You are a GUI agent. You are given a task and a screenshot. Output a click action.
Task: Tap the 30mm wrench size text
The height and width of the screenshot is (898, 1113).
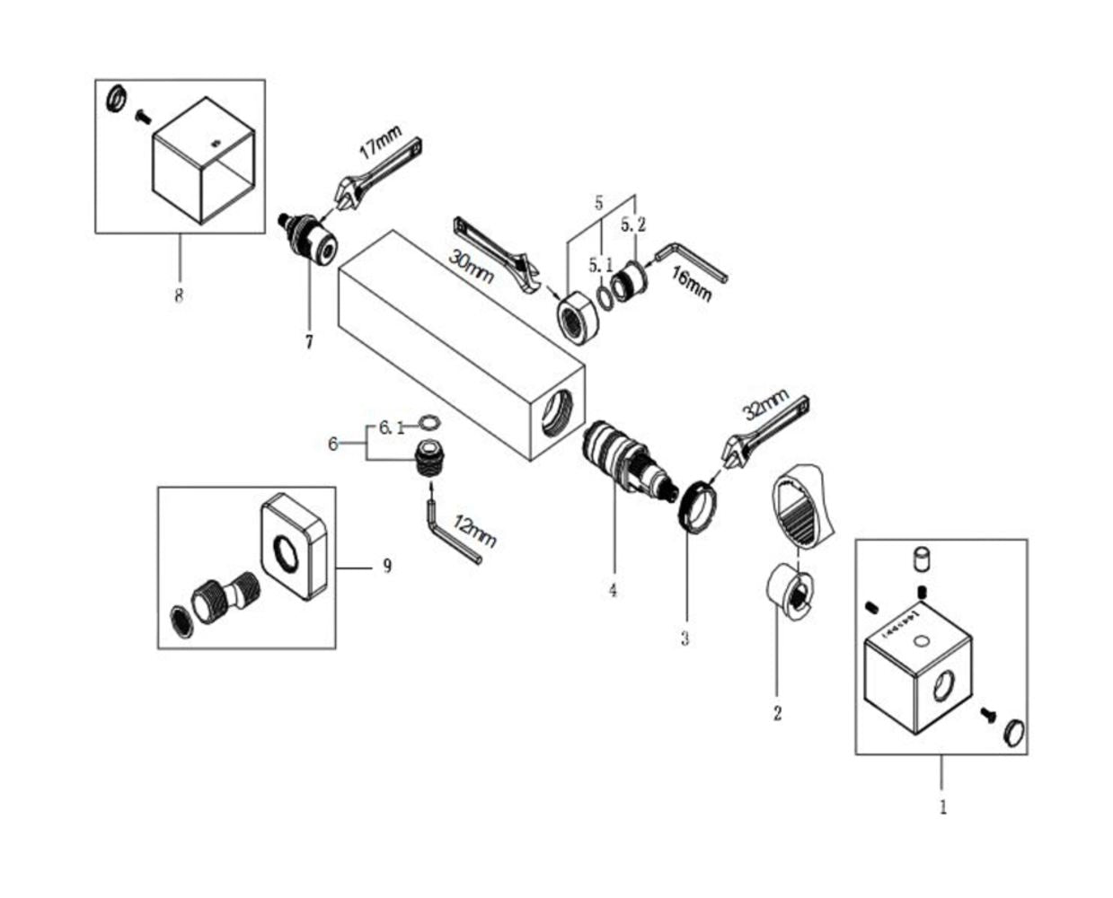[471, 265]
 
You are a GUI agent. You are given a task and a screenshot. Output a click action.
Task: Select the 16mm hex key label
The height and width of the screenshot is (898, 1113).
[692, 284]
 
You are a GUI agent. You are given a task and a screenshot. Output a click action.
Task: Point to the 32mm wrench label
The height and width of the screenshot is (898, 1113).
[765, 405]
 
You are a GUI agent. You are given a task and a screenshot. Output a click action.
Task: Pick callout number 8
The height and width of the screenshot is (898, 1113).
[179, 295]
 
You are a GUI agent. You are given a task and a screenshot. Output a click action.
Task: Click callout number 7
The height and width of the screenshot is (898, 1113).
[309, 342]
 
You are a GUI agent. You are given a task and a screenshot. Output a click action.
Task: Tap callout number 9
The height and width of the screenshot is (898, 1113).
[387, 567]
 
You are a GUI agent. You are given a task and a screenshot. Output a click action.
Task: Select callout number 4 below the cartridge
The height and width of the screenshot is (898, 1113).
[613, 591]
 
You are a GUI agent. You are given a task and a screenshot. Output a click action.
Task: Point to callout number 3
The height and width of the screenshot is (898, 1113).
[685, 639]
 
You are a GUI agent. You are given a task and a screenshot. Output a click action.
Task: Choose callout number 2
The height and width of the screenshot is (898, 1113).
[777, 714]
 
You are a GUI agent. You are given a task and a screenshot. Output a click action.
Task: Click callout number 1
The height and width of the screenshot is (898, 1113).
[942, 806]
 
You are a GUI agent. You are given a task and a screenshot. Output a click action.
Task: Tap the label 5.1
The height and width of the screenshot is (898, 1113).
[601, 266]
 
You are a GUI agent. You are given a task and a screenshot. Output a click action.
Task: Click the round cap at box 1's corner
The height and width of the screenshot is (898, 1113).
[1013, 731]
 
